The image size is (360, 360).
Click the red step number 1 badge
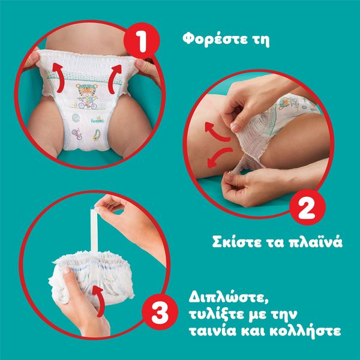coord(142,41)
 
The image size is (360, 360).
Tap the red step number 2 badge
coord(307,207)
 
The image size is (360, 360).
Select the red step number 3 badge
coord(160,312)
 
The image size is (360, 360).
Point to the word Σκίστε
coord(237,242)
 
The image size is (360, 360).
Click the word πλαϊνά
coord(316,242)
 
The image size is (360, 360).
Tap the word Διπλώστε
coord(229,298)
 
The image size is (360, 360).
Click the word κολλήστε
coord(305,331)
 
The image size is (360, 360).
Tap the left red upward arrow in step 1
coord(58,77)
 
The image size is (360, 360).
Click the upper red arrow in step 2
coord(216,131)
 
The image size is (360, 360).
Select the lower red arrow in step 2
coord(218,157)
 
